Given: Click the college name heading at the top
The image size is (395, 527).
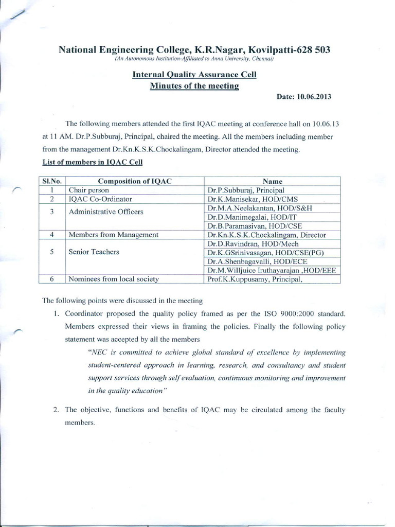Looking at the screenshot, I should click(x=194, y=50).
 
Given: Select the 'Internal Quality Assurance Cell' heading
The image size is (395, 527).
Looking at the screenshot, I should click(x=194, y=75).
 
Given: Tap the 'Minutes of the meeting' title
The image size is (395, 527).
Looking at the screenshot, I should click(x=194, y=85).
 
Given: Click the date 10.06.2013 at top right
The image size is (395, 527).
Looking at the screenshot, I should click(x=306, y=98).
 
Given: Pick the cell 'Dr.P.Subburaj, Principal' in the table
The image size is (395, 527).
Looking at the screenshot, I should click(x=242, y=190).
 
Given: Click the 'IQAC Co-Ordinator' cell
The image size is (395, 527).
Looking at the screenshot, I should click(x=100, y=199).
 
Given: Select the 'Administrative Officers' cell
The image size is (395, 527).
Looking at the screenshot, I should click(x=106, y=212).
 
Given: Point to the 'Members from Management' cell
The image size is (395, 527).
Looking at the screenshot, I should click(x=113, y=235).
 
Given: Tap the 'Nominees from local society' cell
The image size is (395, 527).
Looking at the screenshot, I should click(x=114, y=279).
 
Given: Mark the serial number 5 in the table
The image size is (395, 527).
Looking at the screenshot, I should click(x=52, y=252).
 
